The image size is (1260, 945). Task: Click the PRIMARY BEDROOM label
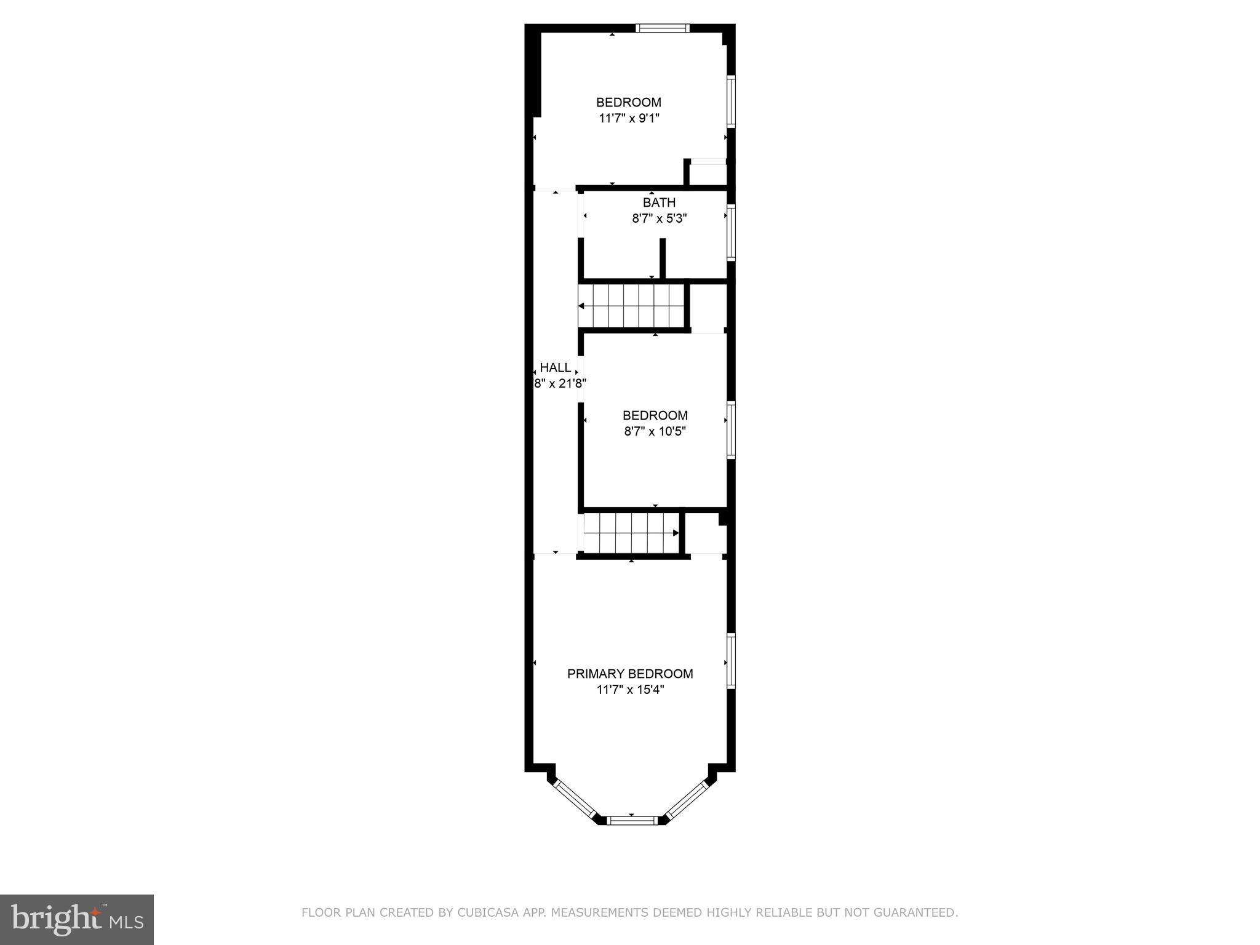(x=630, y=674)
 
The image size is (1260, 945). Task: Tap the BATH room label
(x=659, y=202)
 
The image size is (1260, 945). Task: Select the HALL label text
(x=556, y=368)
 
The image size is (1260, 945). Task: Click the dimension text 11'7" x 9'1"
(x=629, y=118)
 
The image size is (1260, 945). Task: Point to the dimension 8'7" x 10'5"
(x=655, y=431)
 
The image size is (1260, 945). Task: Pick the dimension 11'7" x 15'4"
(x=630, y=690)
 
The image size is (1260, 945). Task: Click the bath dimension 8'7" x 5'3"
(x=659, y=218)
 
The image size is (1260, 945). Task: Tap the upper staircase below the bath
(x=631, y=306)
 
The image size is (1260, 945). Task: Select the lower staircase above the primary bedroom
(x=631, y=533)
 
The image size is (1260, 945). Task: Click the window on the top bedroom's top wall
(x=663, y=28)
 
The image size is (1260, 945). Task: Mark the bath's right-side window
(x=732, y=233)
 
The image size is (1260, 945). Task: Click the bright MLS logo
(x=77, y=920)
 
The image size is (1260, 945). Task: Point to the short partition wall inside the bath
(x=663, y=258)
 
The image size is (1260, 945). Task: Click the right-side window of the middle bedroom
(x=732, y=429)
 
